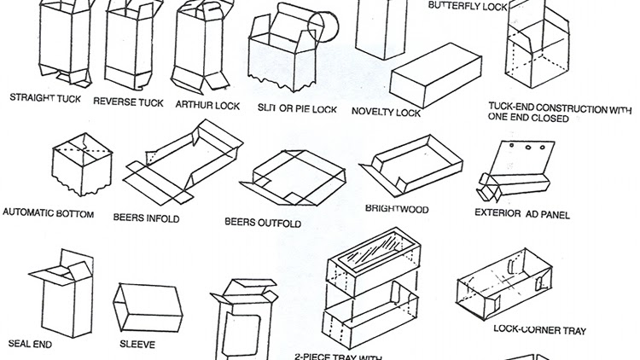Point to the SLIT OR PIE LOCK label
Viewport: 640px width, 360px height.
pos(296,109)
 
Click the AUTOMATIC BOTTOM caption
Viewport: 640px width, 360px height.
pos(49,212)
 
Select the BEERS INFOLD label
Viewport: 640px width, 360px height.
pos(146,218)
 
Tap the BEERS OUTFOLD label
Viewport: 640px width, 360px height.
pos(263,223)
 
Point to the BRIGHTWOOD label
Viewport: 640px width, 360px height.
pos(397,208)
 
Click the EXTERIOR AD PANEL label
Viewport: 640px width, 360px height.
pos(522,214)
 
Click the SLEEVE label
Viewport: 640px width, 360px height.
pos(137,345)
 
